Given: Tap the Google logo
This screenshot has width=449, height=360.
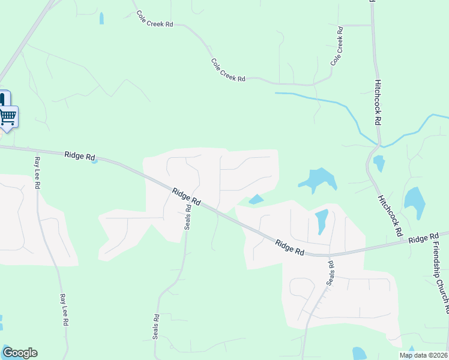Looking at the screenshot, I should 20,353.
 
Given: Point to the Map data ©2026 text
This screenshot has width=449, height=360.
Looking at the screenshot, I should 423,355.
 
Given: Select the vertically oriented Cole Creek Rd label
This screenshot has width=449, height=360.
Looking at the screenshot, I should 338,46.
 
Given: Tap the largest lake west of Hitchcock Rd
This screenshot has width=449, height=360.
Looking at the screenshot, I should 318,179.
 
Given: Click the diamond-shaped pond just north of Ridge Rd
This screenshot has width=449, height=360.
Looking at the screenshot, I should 256,199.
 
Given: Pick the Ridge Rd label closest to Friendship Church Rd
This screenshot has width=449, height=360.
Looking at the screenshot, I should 424,239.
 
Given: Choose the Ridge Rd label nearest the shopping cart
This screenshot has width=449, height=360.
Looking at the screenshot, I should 80,157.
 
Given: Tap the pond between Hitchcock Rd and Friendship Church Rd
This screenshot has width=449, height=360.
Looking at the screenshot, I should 415,202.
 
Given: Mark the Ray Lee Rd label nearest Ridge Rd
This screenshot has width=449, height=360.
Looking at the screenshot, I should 37,173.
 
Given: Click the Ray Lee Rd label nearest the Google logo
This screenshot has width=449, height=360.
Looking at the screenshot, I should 63,310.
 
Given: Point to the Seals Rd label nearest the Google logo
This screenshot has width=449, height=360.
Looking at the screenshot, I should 155,327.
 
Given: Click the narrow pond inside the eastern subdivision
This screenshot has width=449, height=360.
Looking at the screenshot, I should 321,221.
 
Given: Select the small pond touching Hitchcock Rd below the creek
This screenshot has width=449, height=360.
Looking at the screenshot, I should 379,163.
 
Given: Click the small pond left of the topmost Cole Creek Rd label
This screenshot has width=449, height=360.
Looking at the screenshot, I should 101,19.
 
